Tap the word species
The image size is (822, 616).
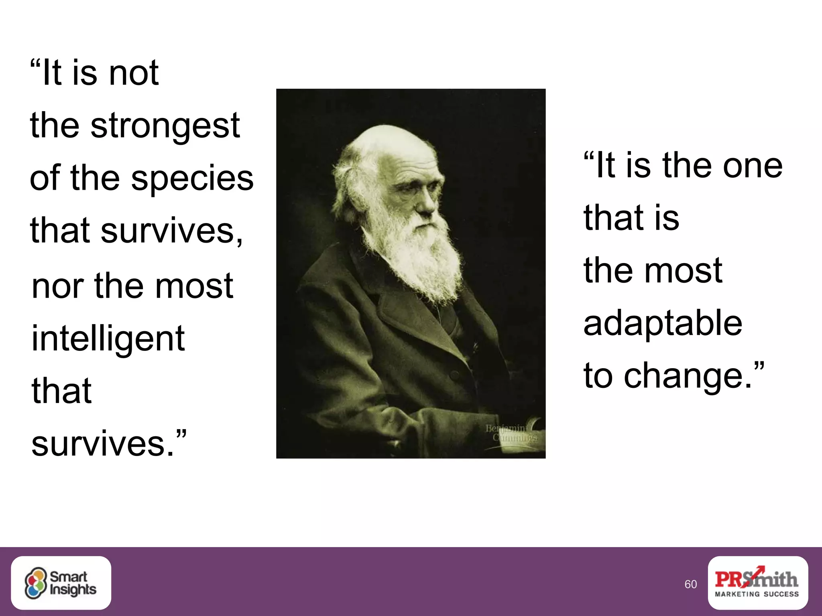point(192,178)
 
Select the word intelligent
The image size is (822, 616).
point(108,338)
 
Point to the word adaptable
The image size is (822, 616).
point(663,323)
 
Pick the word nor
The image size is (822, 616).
point(56,286)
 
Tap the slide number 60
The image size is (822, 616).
point(690,584)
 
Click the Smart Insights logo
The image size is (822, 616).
point(61,583)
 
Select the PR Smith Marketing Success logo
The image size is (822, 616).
point(757,583)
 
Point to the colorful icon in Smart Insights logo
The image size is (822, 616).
point(36,583)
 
